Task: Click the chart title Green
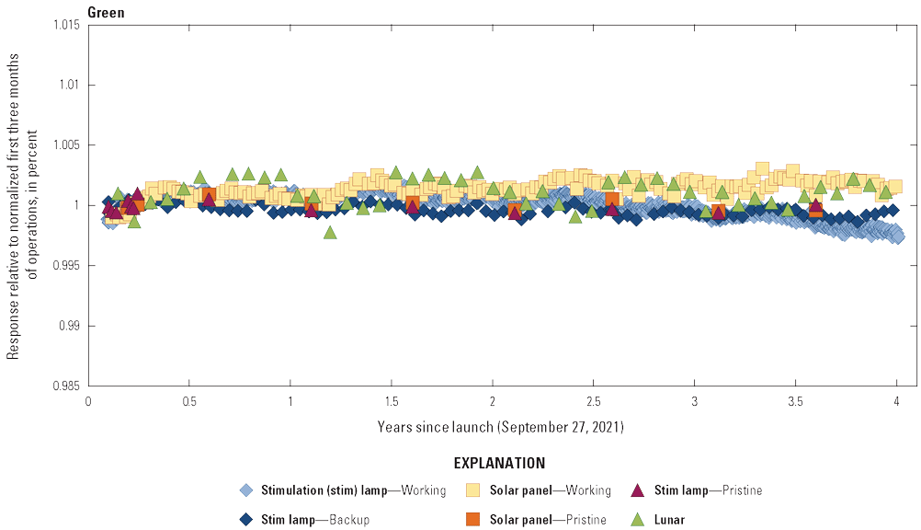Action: point(107,13)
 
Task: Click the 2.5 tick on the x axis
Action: point(593,402)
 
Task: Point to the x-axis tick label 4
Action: point(896,402)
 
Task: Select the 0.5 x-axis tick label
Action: point(188,402)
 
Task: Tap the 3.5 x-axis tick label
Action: point(795,402)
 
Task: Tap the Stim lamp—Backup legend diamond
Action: point(245,520)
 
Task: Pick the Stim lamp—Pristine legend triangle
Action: point(640,490)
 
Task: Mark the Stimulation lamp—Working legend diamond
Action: point(245,490)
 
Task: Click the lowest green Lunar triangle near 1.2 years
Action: point(330,233)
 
